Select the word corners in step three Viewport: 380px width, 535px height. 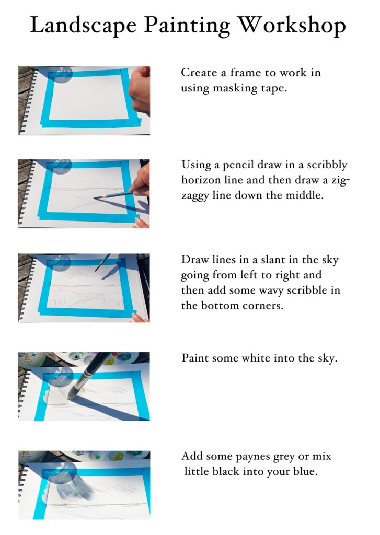click(x=261, y=306)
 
